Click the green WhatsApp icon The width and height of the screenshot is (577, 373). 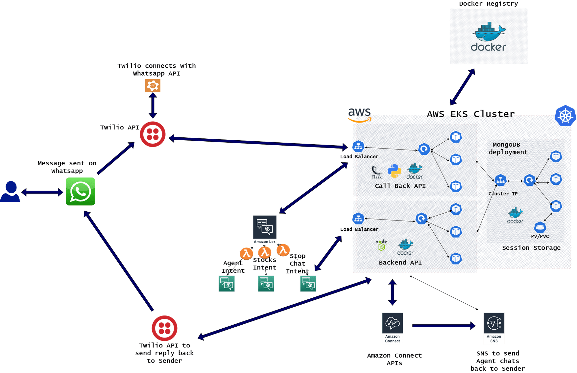tap(80, 192)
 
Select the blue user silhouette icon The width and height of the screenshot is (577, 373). tap(10, 192)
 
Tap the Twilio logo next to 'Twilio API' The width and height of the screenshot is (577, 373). tap(153, 134)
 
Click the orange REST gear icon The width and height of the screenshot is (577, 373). tap(153, 86)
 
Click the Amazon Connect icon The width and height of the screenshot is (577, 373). tap(392, 328)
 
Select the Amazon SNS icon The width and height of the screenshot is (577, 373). tap(493, 328)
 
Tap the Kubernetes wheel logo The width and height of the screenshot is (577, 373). tap(565, 116)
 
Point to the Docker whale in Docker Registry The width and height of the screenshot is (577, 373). tap(490, 32)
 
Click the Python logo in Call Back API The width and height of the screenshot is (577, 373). tap(395, 171)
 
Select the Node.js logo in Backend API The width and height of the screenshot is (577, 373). tap(381, 246)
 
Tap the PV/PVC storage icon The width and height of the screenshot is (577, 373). tap(540, 227)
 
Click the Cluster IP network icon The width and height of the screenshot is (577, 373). tap(500, 180)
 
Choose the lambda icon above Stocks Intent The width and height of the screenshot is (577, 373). tap(265, 252)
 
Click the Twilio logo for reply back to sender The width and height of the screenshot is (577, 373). tap(164, 328)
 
